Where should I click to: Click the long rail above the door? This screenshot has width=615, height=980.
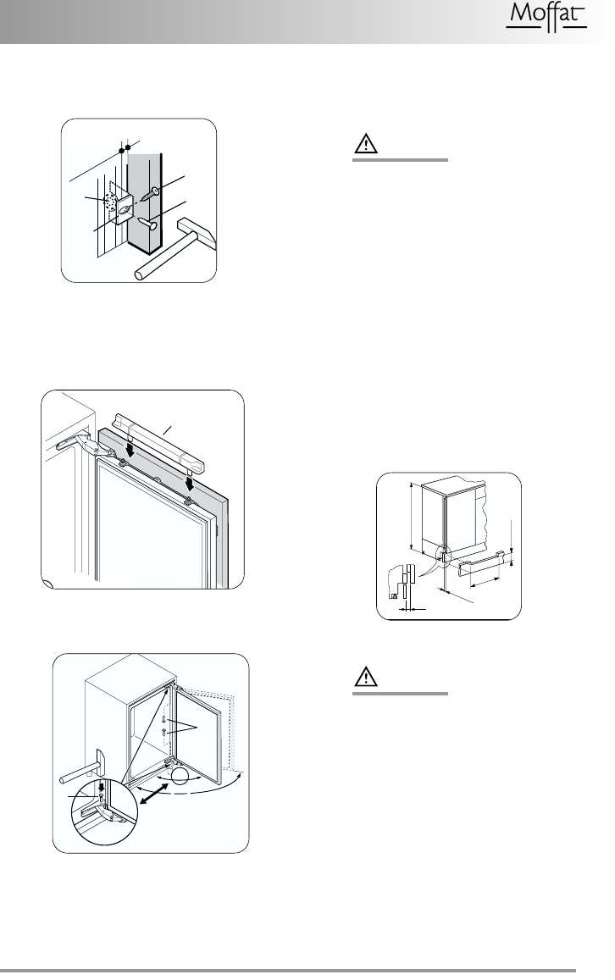161,440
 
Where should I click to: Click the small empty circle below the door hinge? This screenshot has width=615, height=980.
180,778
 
